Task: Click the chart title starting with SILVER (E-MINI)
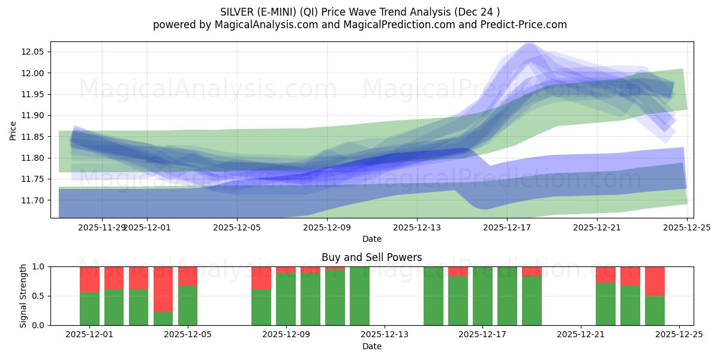tap(359, 11)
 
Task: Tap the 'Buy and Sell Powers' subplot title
tap(371, 257)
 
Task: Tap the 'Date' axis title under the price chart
tap(371, 239)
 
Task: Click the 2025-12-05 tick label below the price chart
tap(237, 227)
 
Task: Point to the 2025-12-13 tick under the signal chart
tap(385, 335)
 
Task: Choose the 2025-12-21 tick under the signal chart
tap(581, 335)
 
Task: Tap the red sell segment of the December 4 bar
tap(163, 289)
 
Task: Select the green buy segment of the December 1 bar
tap(89, 308)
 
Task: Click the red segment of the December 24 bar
tap(655, 281)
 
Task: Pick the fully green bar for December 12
tap(359, 296)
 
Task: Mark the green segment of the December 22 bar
tap(605, 304)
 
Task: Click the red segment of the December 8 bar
tap(261, 278)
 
